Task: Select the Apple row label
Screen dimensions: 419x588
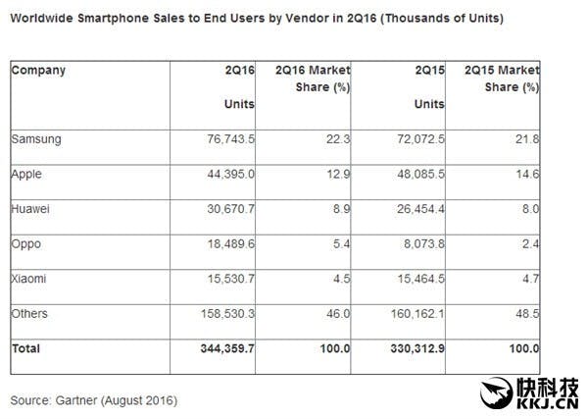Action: pyautogui.click(x=27, y=174)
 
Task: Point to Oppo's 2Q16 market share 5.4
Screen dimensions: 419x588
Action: pyautogui.click(x=341, y=243)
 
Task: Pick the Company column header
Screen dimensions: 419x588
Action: pyautogui.click(x=39, y=71)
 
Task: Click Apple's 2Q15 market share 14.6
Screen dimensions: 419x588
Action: pyautogui.click(x=529, y=174)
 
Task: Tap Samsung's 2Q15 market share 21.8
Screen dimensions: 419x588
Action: pyautogui.click(x=529, y=139)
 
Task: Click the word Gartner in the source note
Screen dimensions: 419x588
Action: pyautogui.click(x=89, y=400)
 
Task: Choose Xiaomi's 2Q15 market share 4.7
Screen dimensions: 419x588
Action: pyautogui.click(x=532, y=278)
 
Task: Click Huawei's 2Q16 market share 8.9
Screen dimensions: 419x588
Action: pyautogui.click(x=341, y=209)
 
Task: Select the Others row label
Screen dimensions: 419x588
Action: pyautogui.click(x=30, y=313)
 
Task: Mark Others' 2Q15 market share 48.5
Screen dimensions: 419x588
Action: pyautogui.click(x=529, y=313)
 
